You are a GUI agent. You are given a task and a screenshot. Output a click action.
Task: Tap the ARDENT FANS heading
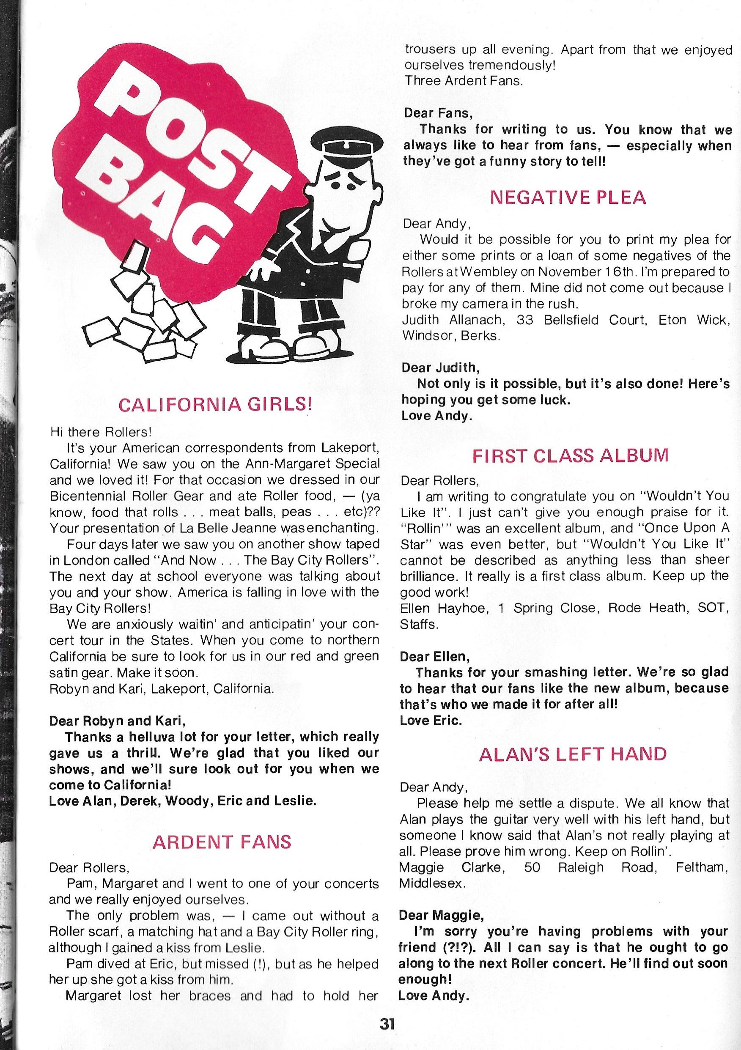coord(222,842)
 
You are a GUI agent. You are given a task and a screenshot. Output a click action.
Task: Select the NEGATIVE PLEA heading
coord(568,197)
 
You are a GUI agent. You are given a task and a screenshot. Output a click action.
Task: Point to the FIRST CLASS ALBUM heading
coord(570,455)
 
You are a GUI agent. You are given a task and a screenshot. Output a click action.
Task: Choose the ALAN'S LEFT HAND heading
coord(572,754)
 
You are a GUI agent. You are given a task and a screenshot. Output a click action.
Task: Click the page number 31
coord(387,1036)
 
